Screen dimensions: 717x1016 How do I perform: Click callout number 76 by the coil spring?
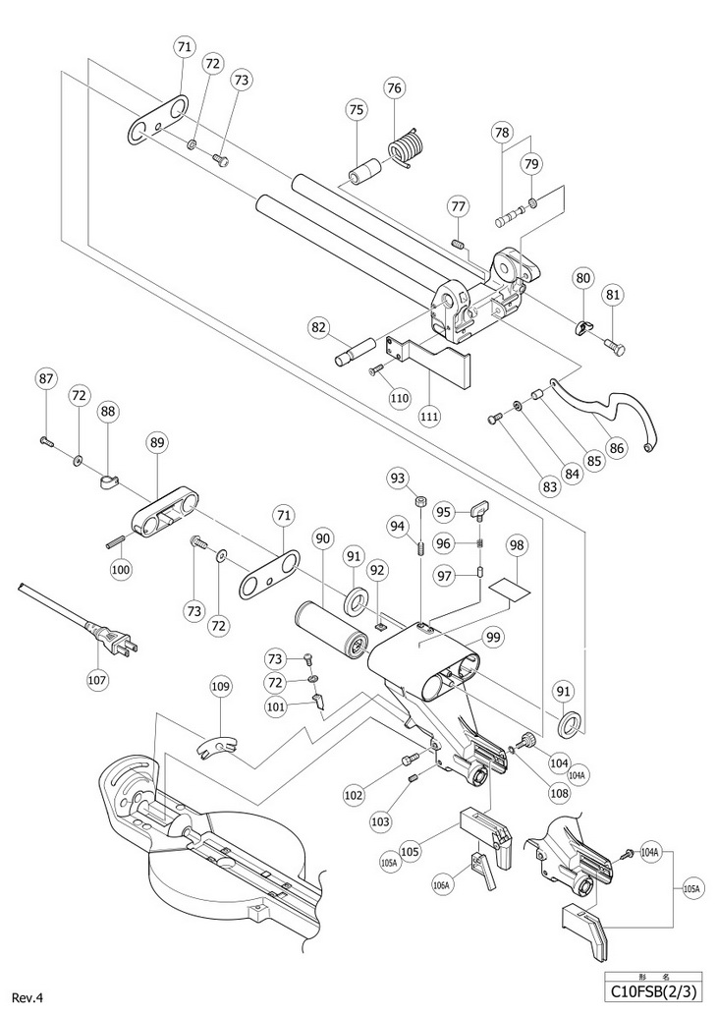coord(394,87)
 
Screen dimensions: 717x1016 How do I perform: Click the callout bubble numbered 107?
coord(98,680)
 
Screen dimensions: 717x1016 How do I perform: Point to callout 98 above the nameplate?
coord(516,544)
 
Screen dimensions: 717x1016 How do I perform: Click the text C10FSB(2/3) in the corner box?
coord(652,992)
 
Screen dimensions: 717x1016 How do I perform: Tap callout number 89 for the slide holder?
coord(158,443)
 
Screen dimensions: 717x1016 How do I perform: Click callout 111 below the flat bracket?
coord(428,415)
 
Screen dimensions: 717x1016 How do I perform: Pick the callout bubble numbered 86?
coord(616,447)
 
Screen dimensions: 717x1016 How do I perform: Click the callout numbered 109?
coord(222,686)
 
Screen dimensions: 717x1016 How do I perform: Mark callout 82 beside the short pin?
coord(319,328)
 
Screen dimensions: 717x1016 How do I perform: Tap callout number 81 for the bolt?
coord(613,295)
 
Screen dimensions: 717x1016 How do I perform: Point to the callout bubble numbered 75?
coord(357,110)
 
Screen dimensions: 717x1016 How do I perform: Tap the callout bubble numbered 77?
coord(458,206)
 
